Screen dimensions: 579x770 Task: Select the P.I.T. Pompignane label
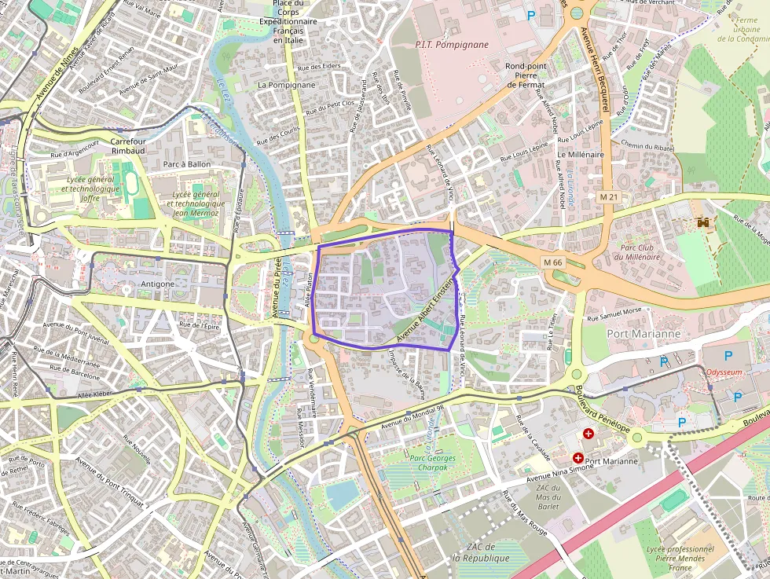tap(452, 45)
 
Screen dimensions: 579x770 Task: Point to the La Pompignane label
tap(287, 85)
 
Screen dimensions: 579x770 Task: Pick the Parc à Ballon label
tap(187, 164)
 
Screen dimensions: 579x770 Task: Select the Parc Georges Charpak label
tap(432, 462)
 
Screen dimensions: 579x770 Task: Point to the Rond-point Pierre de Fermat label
tap(526, 75)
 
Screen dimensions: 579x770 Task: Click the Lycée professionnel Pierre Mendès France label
tap(680, 558)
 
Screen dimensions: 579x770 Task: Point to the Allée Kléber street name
tap(96, 394)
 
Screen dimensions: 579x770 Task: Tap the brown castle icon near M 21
tap(703, 223)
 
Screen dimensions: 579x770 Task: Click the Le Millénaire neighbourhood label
tap(581, 155)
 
